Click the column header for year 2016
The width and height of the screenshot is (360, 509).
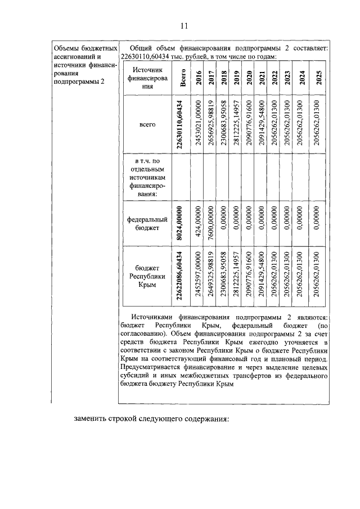tap(199, 79)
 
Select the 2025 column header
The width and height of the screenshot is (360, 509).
tap(319, 79)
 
